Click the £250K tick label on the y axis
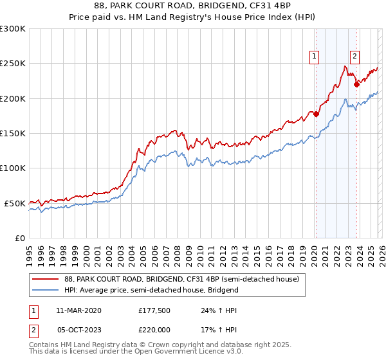13,64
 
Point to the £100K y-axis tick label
13,168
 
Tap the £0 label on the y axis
20,238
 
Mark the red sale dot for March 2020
316,114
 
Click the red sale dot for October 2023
356,84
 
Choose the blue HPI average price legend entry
151,290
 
